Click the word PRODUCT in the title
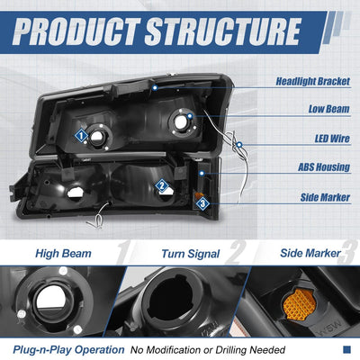76,31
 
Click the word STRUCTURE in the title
223,31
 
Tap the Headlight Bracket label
313,81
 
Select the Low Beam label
329,109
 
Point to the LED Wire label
332,139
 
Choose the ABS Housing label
324,167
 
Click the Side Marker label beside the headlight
325,197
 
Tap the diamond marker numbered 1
81,136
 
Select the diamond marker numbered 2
162,186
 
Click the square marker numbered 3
202,204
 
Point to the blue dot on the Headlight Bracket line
155,88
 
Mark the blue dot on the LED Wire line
239,145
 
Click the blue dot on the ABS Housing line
202,174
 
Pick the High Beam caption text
63,254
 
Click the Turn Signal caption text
191,254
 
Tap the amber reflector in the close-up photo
300,304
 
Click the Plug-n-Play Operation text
68,350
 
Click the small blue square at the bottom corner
346,349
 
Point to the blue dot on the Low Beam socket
190,116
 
